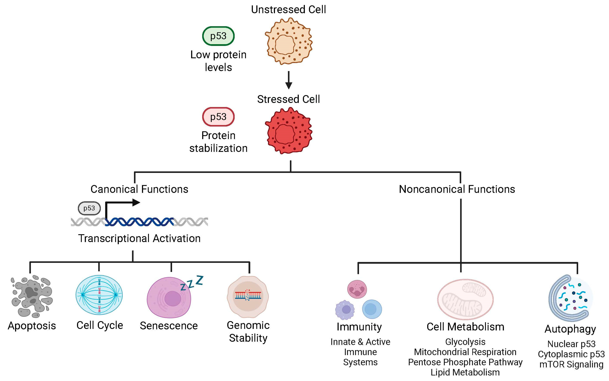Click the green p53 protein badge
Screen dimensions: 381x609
point(218,36)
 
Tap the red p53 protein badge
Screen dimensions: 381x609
point(218,117)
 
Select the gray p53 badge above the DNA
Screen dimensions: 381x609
point(89,208)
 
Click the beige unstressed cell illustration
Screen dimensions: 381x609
point(288,41)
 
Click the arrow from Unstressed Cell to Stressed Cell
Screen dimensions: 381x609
point(289,80)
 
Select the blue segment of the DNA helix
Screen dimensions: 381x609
point(139,222)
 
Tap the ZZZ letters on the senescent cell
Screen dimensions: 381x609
point(192,283)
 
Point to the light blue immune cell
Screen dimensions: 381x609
point(372,309)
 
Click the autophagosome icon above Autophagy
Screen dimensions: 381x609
point(570,298)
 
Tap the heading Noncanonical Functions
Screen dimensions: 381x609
point(457,189)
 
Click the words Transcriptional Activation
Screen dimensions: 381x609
point(139,238)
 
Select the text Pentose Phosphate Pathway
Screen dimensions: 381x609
point(465,362)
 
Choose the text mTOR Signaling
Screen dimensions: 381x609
point(571,364)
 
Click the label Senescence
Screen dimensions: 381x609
point(169,326)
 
